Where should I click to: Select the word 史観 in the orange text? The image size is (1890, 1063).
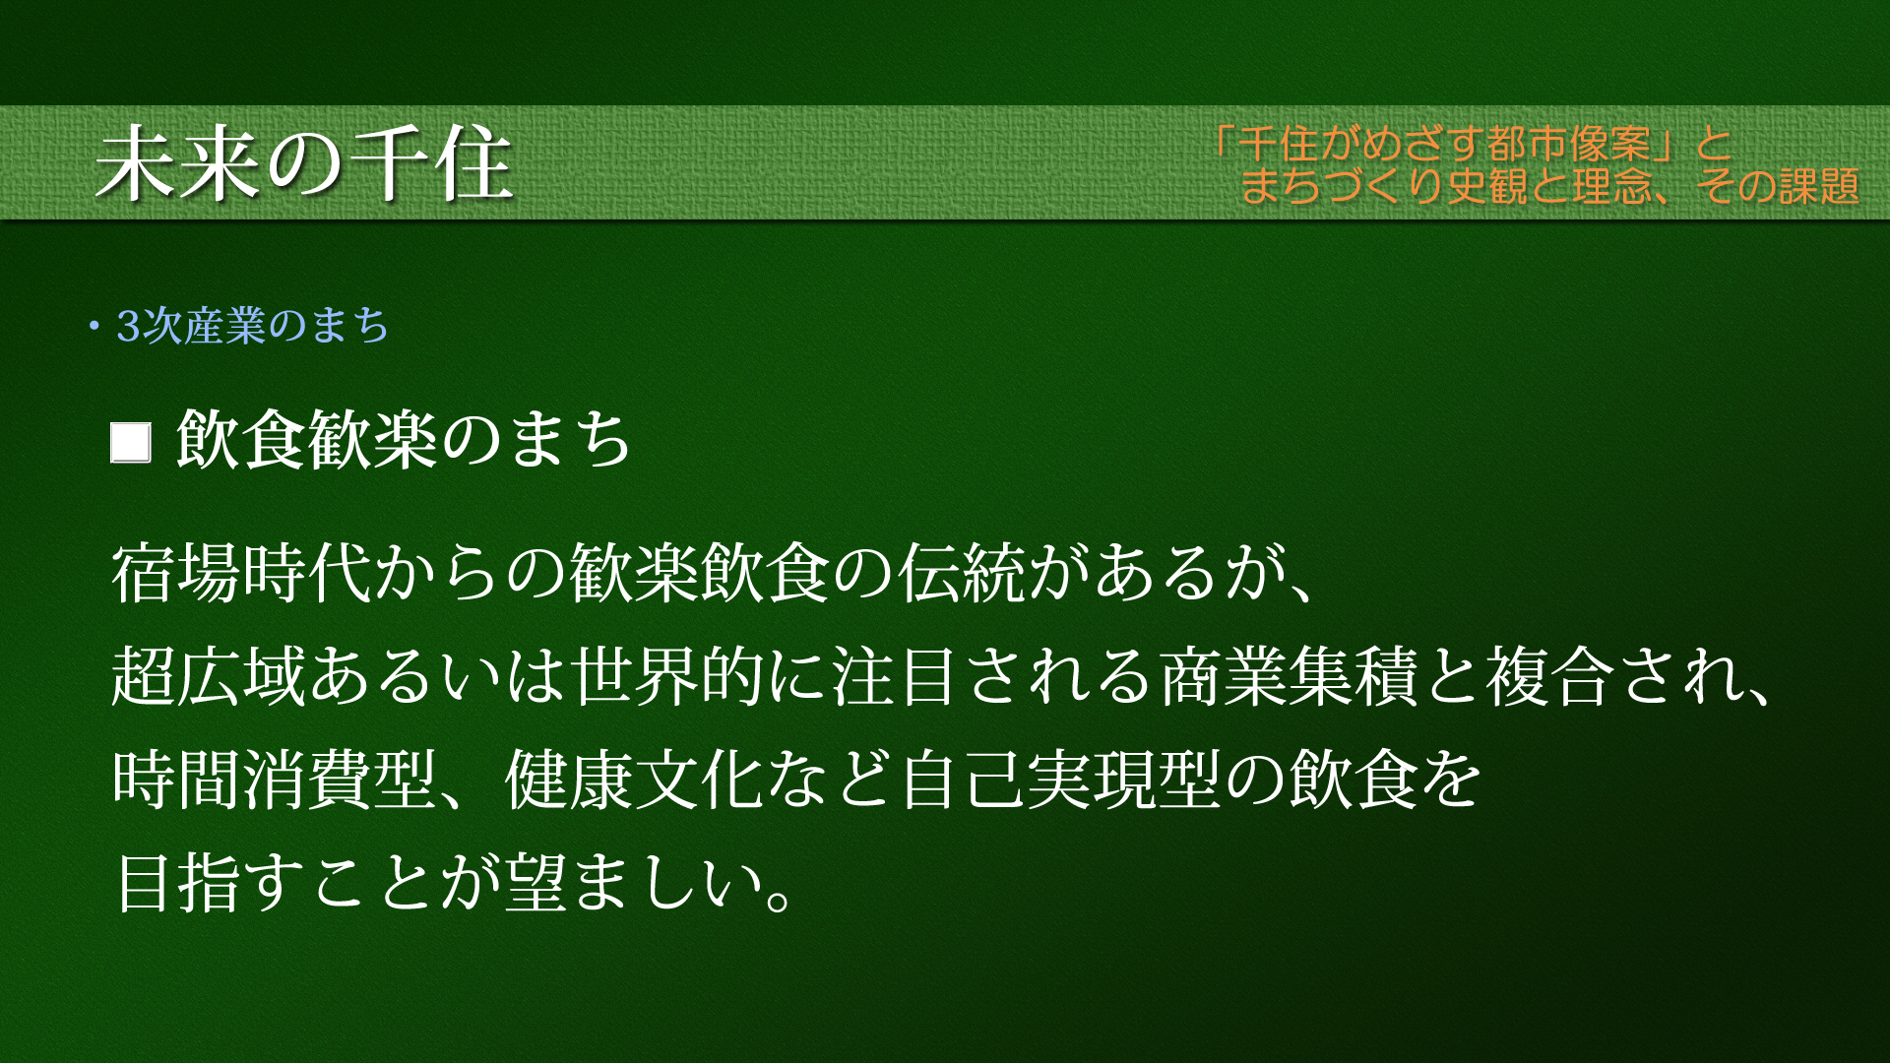point(1488,186)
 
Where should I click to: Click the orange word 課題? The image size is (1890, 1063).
point(1818,186)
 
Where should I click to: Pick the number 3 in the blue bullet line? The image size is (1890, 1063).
point(128,326)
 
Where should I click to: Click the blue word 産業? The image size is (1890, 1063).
point(225,326)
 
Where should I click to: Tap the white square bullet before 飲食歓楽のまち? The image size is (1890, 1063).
point(131,443)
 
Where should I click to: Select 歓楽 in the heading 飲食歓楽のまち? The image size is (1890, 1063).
point(372,439)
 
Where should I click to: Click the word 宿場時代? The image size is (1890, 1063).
point(241,573)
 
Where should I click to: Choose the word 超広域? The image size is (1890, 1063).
point(209,676)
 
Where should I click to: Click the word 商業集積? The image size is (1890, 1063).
point(1290,676)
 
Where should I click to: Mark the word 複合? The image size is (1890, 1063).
point(1550,676)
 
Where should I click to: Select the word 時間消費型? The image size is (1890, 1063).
point(275,780)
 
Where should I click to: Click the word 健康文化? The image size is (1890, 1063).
point(634,780)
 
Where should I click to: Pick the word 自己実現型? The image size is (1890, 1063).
point(1060,780)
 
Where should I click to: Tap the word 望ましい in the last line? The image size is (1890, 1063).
point(634,882)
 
